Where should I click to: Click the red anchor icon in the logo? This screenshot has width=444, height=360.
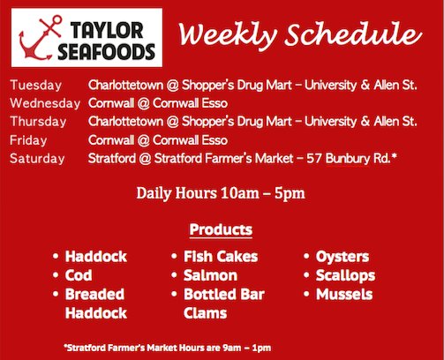click(41, 39)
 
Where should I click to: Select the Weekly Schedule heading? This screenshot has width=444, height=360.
click(296, 35)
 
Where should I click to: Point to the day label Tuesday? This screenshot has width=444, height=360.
click(36, 86)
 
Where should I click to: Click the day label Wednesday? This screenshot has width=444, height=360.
click(43, 103)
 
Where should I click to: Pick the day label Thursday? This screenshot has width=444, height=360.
click(41, 122)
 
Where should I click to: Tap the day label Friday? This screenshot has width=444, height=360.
click(30, 139)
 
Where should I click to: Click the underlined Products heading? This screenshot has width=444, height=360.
click(221, 230)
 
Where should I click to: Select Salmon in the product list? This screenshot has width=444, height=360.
click(211, 275)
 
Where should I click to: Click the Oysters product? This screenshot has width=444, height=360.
click(342, 257)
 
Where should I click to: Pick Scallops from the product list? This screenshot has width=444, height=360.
click(345, 275)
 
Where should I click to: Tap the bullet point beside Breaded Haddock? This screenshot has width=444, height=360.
click(55, 295)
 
